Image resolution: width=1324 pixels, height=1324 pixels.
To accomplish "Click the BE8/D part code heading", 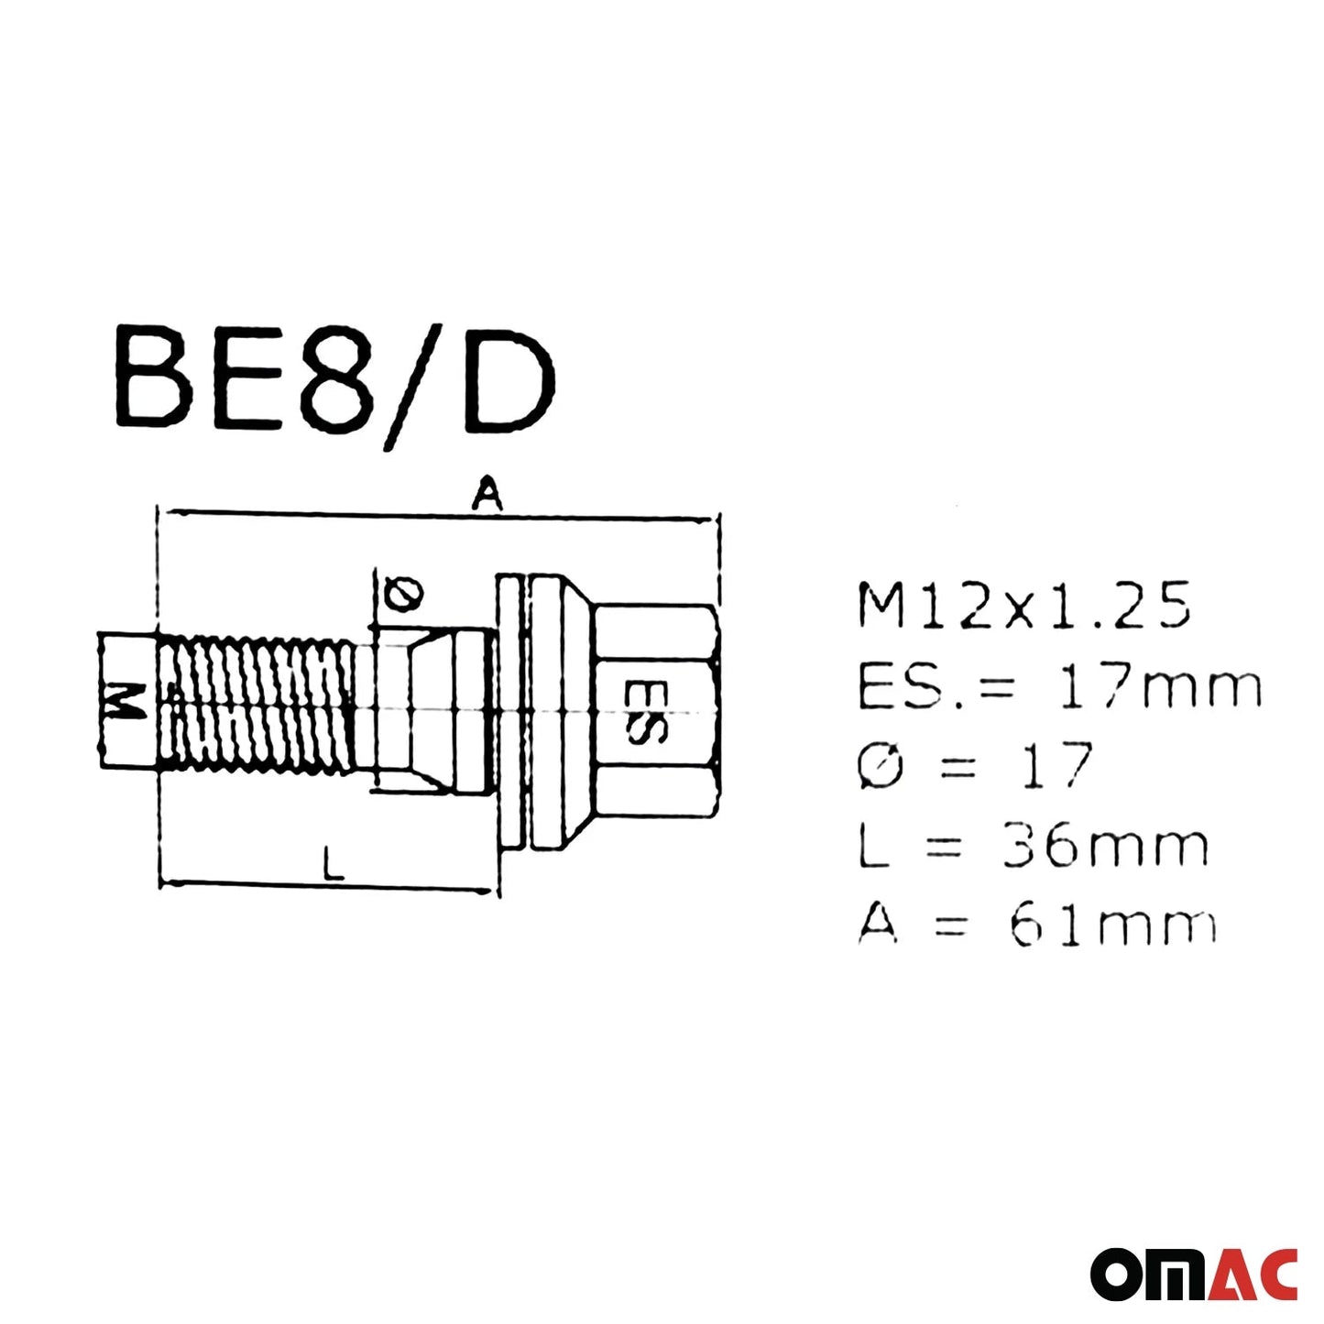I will point(334,385).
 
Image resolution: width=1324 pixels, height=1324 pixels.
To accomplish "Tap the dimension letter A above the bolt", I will point(487,495).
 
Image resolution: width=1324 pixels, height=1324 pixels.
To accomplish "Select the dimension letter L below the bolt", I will point(334,864).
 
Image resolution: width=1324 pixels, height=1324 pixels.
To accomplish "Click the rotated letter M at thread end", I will point(125,701).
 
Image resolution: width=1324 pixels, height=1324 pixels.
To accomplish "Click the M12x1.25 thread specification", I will point(1023,606).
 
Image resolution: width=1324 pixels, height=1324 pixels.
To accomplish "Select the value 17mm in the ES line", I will point(1160,686).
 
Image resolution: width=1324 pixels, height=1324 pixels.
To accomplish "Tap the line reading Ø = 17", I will point(975,766).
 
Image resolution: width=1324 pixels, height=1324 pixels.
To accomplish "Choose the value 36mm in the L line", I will point(1105,846).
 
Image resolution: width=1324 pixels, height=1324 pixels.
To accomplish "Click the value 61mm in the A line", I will point(1112,925).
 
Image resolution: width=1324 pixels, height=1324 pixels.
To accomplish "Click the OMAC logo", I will point(1194,1274).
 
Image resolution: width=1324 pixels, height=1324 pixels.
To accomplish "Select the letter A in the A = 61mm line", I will point(878,925).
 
